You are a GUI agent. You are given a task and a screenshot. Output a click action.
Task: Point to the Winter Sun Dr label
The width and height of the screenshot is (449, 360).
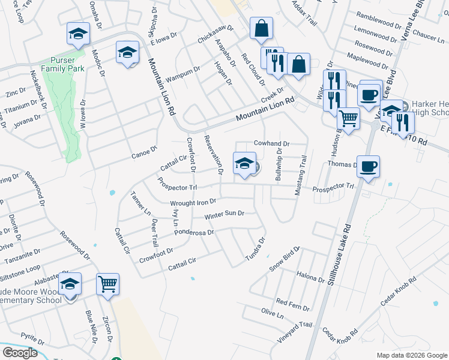224,214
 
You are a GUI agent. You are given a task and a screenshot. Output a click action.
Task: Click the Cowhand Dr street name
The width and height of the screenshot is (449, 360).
271,144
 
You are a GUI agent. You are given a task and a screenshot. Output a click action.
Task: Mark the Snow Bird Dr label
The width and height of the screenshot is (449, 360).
285,259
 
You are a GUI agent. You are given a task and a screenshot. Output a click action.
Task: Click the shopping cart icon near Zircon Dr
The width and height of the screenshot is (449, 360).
108,283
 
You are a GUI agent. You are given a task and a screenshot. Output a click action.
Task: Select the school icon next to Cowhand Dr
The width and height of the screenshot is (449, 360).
244,164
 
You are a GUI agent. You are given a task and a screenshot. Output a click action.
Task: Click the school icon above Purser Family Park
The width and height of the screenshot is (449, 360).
78,34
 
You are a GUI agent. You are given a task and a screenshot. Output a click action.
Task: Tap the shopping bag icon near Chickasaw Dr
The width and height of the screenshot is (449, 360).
262,28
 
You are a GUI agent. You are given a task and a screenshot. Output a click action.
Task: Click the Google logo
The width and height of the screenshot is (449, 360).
20,353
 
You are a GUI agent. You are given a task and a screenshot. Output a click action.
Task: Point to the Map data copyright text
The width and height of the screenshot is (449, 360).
412,355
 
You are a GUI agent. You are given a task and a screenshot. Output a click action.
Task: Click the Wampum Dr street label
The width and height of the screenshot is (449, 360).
182,71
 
